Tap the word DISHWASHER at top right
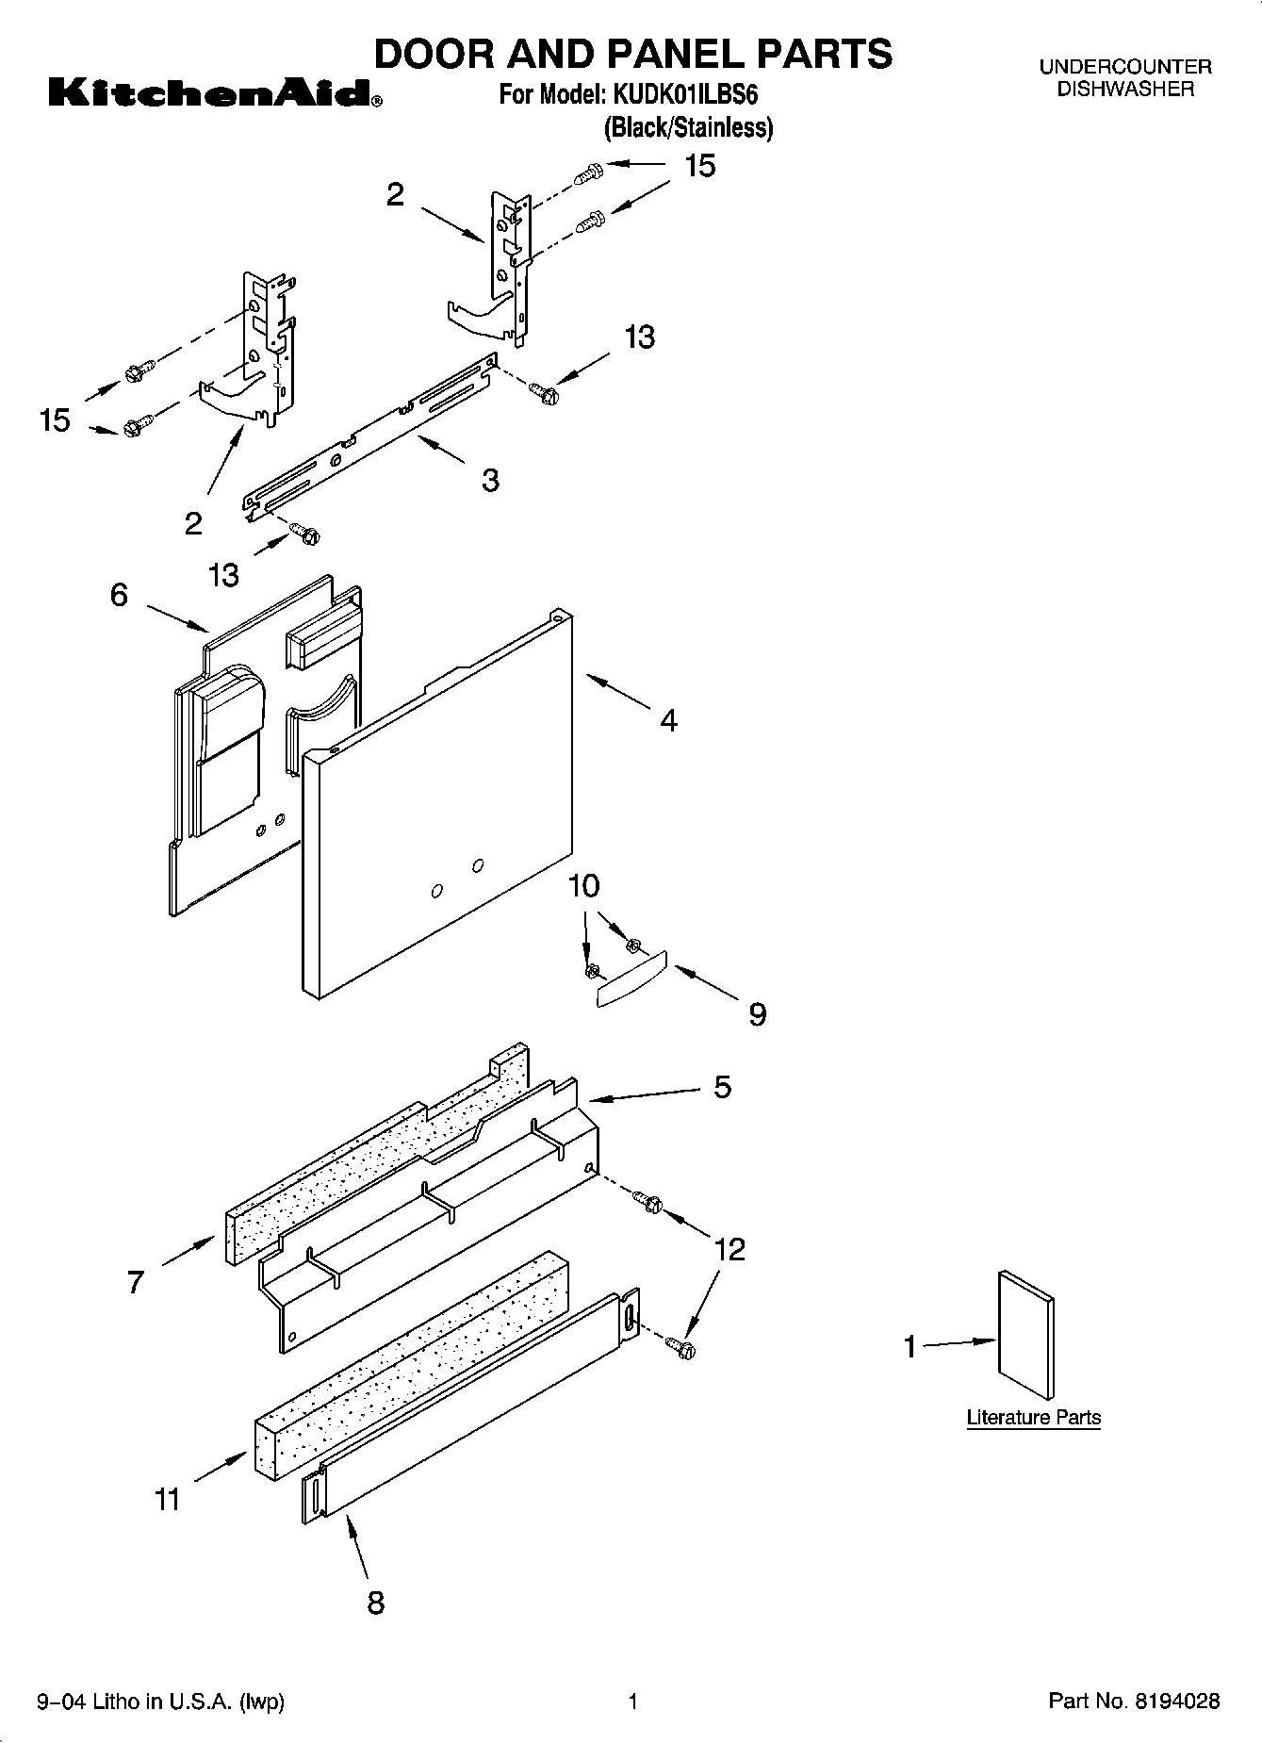(x=1124, y=90)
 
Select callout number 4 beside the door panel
(x=668, y=721)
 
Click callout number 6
(x=119, y=595)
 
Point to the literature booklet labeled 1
(x=1025, y=1336)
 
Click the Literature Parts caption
(x=1033, y=1417)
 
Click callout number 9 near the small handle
(x=757, y=1014)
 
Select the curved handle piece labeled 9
(x=632, y=979)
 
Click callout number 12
(x=729, y=1249)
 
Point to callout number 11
(x=167, y=1499)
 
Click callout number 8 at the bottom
(x=375, y=1602)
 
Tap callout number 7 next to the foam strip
(x=136, y=1281)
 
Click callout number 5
(x=722, y=1087)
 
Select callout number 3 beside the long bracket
(x=490, y=480)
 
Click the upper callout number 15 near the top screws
(x=699, y=166)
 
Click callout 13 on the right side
(x=639, y=337)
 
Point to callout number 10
(x=584, y=886)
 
